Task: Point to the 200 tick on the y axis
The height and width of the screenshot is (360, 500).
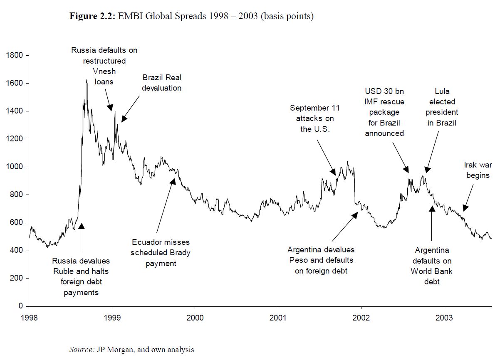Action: tap(17, 278)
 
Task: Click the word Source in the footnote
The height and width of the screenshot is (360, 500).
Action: tap(82, 350)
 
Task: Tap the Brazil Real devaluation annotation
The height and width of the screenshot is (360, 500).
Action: tap(162, 83)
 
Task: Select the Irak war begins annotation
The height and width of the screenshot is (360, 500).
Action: tap(478, 170)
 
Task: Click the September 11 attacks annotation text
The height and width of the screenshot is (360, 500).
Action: tap(314, 118)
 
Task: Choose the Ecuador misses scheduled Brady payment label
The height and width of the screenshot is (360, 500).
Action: tap(161, 252)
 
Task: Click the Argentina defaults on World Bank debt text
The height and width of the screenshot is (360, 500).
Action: tap(431, 266)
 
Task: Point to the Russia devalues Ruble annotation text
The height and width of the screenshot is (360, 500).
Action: tap(81, 276)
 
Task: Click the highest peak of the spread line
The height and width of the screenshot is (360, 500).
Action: tap(86, 79)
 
